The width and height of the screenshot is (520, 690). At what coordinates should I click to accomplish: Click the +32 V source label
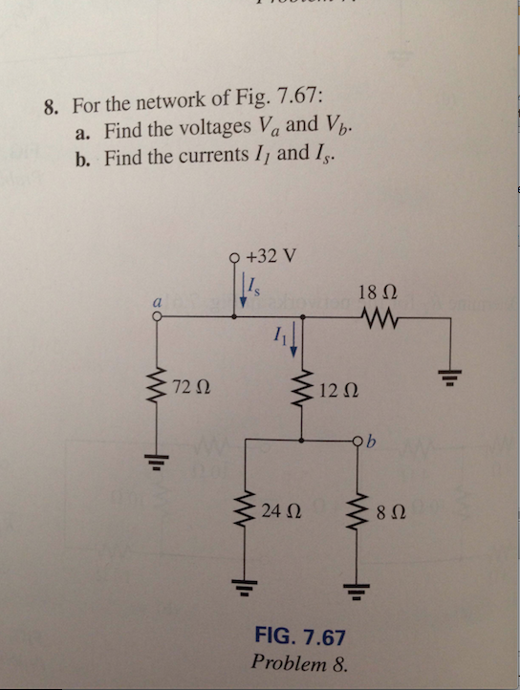pos(271,256)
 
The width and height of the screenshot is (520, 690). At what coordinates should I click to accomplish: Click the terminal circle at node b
pos(360,441)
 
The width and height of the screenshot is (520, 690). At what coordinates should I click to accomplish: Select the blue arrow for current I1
pos(294,338)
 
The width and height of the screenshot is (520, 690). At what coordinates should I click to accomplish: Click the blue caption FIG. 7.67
pos(298,636)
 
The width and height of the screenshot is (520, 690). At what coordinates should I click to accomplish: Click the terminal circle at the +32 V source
pos(236,257)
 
